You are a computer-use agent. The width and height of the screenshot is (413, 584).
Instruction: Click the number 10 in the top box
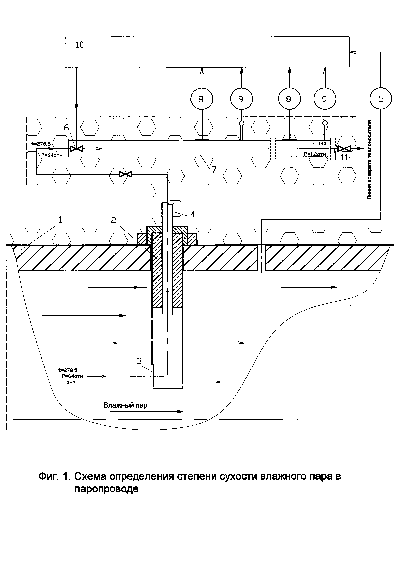point(80,45)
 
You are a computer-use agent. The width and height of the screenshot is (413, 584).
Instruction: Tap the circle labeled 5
point(381,99)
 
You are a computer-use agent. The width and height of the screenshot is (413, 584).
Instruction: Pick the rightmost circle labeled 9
point(325,99)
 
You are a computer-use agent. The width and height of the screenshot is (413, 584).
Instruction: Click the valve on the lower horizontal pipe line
point(126,174)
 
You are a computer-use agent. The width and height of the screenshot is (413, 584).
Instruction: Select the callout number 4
point(193,214)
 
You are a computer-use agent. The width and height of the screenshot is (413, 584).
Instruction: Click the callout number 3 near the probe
point(139,361)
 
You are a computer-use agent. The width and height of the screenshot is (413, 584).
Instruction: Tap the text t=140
point(319,143)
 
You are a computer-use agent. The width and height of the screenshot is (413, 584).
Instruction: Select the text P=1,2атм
point(315,154)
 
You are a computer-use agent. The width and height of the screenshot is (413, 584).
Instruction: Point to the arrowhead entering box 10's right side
point(352,52)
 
